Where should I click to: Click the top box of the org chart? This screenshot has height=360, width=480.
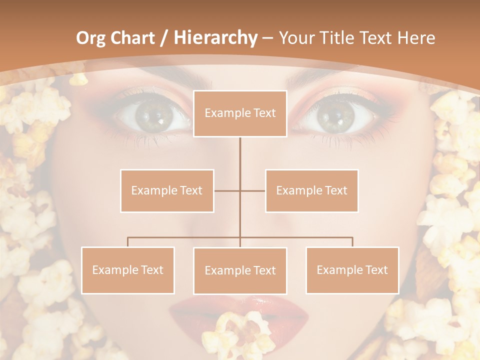(x=240, y=113)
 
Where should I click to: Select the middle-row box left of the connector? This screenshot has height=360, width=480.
(x=167, y=190)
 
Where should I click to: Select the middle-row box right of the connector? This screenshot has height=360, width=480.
(x=311, y=190)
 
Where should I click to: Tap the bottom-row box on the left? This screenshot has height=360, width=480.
(x=128, y=270)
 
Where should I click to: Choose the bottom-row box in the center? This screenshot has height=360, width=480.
(x=240, y=270)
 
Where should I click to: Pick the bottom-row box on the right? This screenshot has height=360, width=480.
(x=352, y=270)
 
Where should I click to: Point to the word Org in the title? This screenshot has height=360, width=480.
(x=90, y=38)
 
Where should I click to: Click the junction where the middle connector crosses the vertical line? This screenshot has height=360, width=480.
(x=240, y=190)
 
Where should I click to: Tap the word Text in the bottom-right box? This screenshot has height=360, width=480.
(x=376, y=270)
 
